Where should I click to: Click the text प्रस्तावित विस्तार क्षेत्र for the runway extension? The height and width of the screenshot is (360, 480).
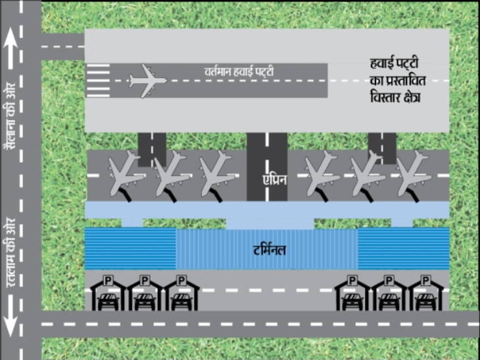pyautogui.click(x=395, y=82)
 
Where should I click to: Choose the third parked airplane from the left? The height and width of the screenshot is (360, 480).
pyautogui.click(x=218, y=175)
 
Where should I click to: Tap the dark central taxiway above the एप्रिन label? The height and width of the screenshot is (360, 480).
pyautogui.click(x=266, y=148)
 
